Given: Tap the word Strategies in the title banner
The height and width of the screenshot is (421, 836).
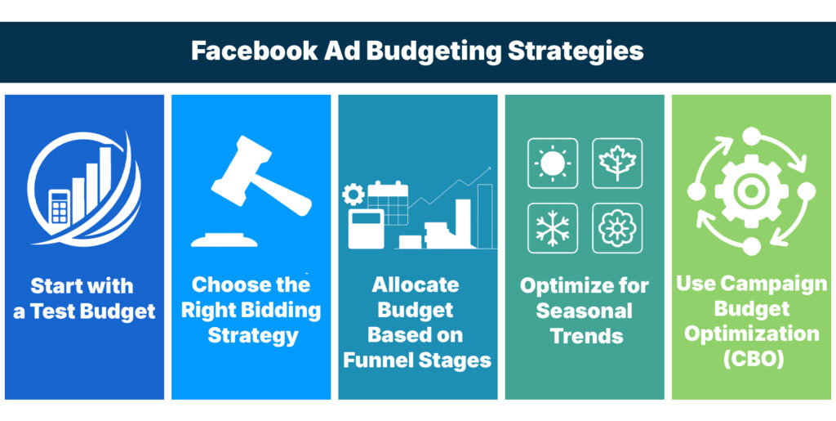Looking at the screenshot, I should pyautogui.click(x=576, y=51).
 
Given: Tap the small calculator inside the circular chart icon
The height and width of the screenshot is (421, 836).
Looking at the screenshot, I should pyautogui.click(x=60, y=207).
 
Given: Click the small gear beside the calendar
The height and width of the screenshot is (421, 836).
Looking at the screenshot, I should pyautogui.click(x=354, y=195).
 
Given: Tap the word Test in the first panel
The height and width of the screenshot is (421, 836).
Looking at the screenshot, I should pyautogui.click(x=70, y=312).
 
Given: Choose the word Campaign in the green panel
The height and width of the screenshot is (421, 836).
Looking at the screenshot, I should pyautogui.click(x=772, y=284).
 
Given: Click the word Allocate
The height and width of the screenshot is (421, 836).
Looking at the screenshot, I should pyautogui.click(x=416, y=285).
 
